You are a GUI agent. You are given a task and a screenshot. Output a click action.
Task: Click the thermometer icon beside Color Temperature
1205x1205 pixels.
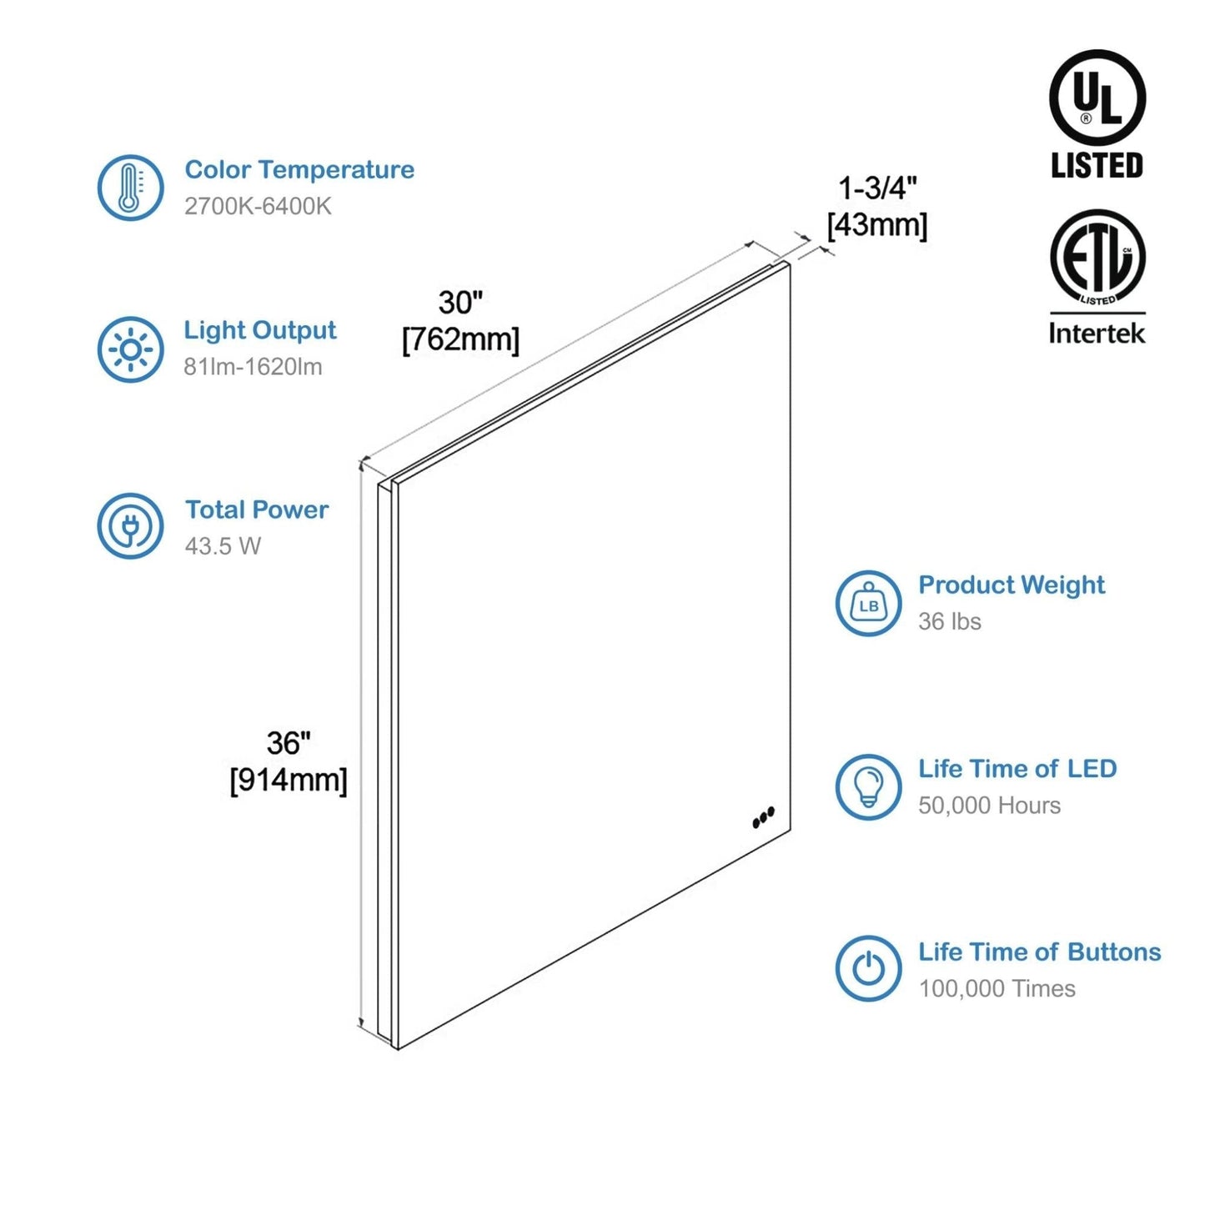(130, 187)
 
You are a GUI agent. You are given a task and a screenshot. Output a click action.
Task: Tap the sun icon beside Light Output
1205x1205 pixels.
(130, 349)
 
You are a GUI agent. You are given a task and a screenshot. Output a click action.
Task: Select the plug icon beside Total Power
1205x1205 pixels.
(130, 526)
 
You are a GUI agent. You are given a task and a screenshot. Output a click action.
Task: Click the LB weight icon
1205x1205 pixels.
(868, 604)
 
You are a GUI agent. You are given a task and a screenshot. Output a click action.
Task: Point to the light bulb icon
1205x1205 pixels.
(868, 786)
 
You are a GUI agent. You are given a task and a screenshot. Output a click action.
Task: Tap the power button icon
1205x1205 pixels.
(868, 968)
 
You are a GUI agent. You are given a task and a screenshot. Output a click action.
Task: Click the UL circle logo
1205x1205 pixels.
(1097, 98)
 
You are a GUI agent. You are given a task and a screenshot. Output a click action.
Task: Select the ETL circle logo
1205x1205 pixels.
(1097, 257)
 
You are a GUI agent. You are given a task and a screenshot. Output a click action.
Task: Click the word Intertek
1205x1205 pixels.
(1097, 334)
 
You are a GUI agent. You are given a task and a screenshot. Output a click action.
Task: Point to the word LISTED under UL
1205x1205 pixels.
(1097, 166)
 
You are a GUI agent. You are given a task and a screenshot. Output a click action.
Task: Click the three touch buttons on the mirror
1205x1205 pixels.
(763, 818)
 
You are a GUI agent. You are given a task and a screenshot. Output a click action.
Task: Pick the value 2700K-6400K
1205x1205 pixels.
(258, 206)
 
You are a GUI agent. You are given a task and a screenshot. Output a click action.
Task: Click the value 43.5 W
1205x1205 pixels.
(223, 546)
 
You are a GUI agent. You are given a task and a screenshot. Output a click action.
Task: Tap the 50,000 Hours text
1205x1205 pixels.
(989, 806)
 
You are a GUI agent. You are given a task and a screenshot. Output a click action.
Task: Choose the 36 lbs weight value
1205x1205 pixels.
(949, 621)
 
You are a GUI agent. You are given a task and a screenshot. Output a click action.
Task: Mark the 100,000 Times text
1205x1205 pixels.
(997, 989)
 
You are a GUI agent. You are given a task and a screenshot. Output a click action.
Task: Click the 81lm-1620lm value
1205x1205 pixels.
(253, 367)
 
